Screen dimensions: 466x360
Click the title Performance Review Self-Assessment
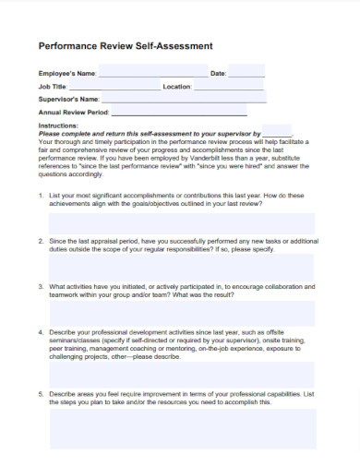pos(125,45)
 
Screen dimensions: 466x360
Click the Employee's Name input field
pos(152,73)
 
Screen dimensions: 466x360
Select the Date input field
pos(246,73)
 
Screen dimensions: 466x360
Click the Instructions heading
pos(58,125)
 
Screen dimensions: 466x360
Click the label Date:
pos(218,73)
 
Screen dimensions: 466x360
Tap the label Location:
pos(176,86)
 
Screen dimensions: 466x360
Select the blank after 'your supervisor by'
pos(276,133)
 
